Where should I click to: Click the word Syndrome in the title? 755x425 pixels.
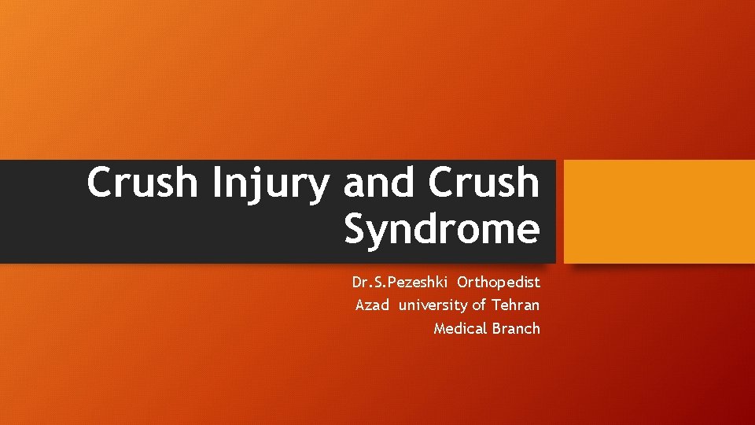pos(442,230)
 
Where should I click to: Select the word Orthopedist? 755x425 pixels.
pos(499,282)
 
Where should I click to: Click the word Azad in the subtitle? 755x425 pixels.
pos(372,305)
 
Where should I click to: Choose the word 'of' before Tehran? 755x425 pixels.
pos(479,305)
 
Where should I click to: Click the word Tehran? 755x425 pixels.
pos(516,305)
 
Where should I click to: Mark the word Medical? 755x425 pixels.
pos(460,328)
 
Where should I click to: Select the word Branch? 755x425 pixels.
pos(517,328)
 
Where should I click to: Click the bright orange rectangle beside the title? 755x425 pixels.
pos(659,211)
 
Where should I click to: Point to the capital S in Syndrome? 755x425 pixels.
pos(356,230)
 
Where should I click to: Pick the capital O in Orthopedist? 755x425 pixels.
pos(462,282)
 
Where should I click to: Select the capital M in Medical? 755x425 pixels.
pos(440,328)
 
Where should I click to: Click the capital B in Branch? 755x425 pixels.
pos(497,328)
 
